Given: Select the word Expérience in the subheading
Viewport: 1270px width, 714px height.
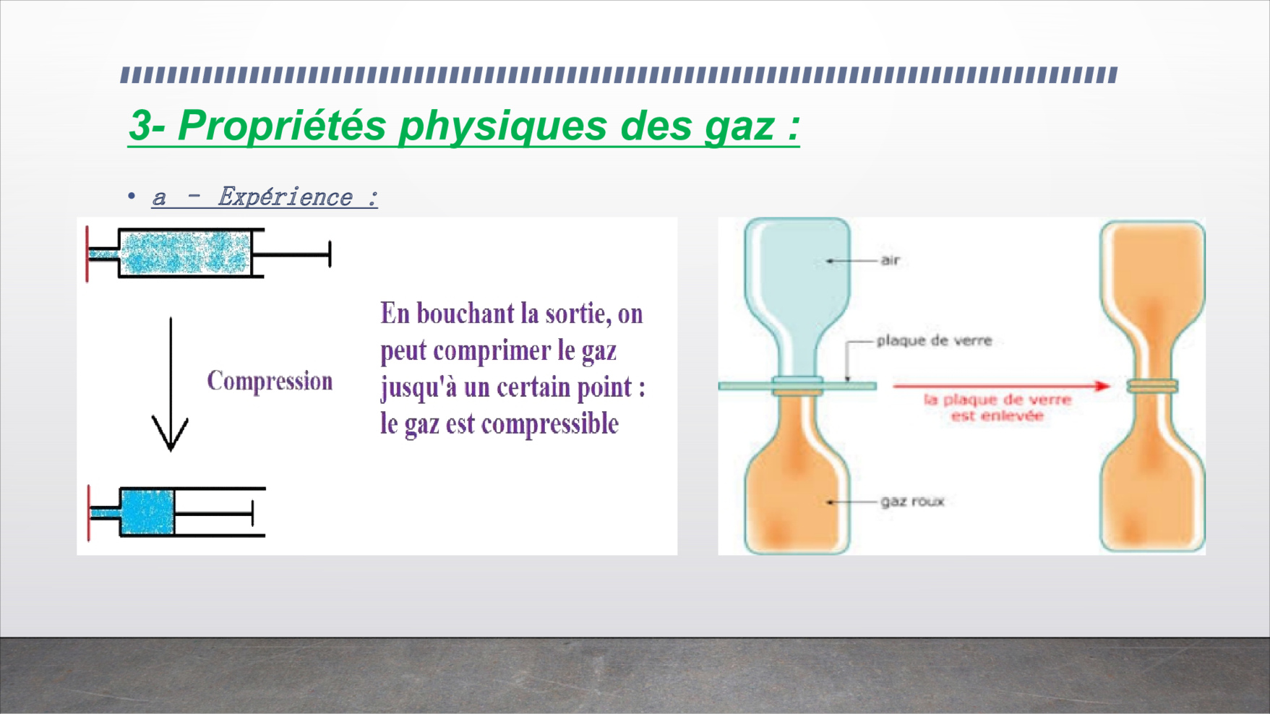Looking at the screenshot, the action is click(286, 197).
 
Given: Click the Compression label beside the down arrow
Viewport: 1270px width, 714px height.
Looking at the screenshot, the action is click(270, 381).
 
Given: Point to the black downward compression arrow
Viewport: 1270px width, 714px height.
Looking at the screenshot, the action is click(171, 384).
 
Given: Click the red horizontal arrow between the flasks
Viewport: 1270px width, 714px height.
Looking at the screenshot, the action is click(1001, 386).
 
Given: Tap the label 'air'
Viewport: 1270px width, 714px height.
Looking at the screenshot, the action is click(890, 260).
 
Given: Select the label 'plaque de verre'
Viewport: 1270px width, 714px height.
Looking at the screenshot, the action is click(934, 340).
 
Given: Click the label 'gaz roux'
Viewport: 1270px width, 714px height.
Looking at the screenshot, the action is click(912, 502).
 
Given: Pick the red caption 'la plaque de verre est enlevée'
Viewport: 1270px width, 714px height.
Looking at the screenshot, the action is click(997, 408).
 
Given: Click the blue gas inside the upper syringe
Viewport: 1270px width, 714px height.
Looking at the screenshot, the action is click(184, 253).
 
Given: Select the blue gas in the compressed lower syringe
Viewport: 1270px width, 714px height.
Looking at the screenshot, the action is click(147, 512).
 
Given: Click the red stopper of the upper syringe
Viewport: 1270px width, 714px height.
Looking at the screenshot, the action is click(87, 254).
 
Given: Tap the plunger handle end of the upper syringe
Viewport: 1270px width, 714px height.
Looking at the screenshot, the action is click(330, 254).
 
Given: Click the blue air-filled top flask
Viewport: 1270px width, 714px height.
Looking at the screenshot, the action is click(797, 296).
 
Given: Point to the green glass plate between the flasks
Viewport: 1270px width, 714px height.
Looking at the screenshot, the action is click(797, 386).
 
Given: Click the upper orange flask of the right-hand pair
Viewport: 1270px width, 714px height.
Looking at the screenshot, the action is click(1152, 300).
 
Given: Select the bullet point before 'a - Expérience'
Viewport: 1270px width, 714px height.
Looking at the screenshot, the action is click(131, 196).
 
